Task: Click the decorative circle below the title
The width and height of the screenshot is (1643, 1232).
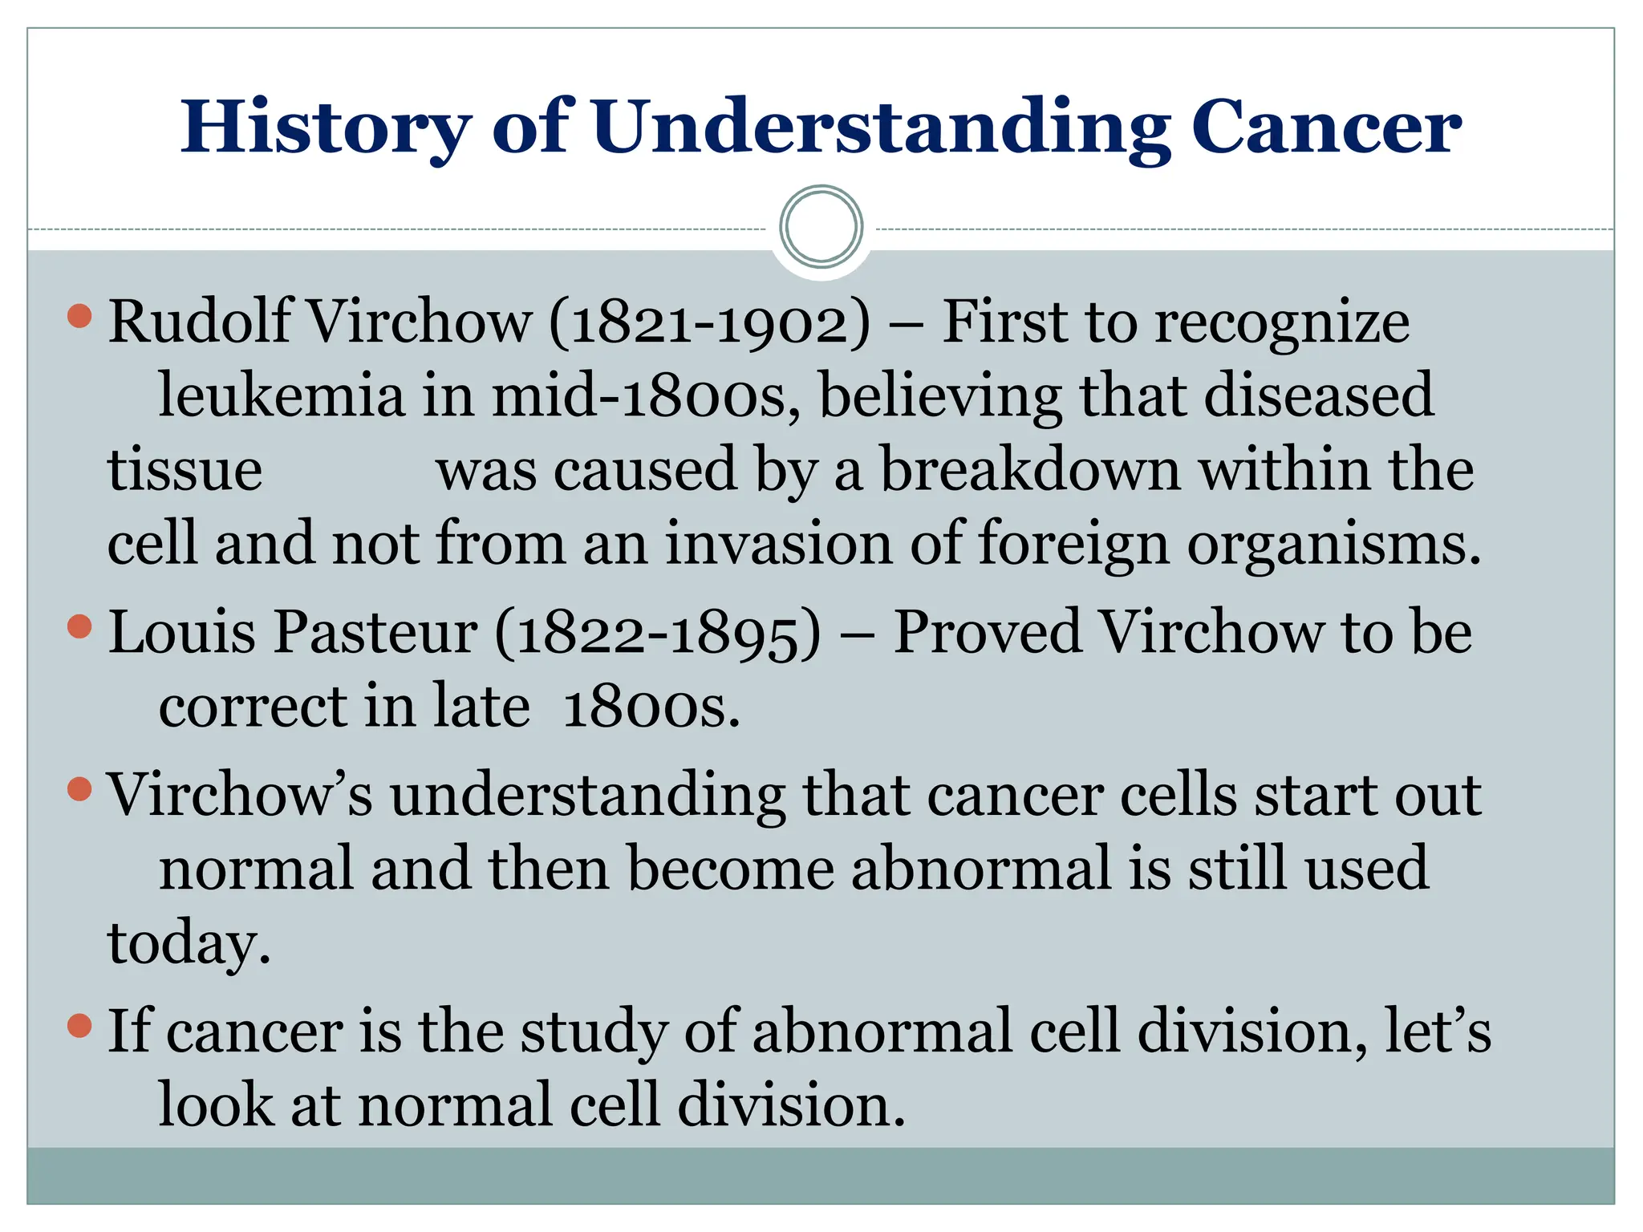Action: (x=821, y=227)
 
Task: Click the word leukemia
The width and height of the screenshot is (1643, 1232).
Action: (x=282, y=395)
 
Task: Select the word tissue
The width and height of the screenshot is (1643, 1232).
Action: (x=185, y=470)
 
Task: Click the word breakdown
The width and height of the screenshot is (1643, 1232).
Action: (x=1030, y=470)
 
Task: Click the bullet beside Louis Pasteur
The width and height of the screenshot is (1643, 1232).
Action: (x=79, y=626)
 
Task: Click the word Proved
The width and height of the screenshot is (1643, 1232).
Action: (x=987, y=633)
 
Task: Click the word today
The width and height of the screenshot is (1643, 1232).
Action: (x=189, y=943)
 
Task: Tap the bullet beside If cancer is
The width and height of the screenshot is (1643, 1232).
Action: (x=79, y=1025)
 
